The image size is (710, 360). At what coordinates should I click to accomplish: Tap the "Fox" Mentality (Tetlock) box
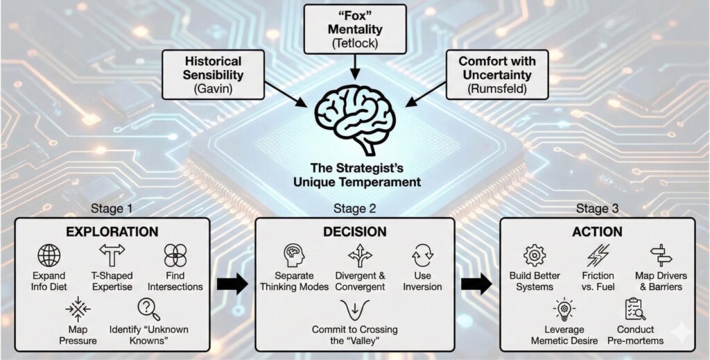[355, 28]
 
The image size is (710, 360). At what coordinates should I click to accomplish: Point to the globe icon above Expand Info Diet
[49, 256]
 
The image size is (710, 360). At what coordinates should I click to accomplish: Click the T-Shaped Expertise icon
[112, 256]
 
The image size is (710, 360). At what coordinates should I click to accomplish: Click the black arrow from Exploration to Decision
[231, 284]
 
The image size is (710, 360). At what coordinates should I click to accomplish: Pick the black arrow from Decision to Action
[478, 284]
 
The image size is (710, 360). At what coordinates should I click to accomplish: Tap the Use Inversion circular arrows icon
[423, 256]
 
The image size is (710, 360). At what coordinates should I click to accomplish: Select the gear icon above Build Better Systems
[535, 256]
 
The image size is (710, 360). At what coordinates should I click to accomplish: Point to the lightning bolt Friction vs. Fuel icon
[597, 256]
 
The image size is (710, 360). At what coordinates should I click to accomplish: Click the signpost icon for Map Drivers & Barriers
[659, 256]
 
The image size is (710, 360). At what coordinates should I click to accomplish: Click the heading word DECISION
[355, 232]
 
